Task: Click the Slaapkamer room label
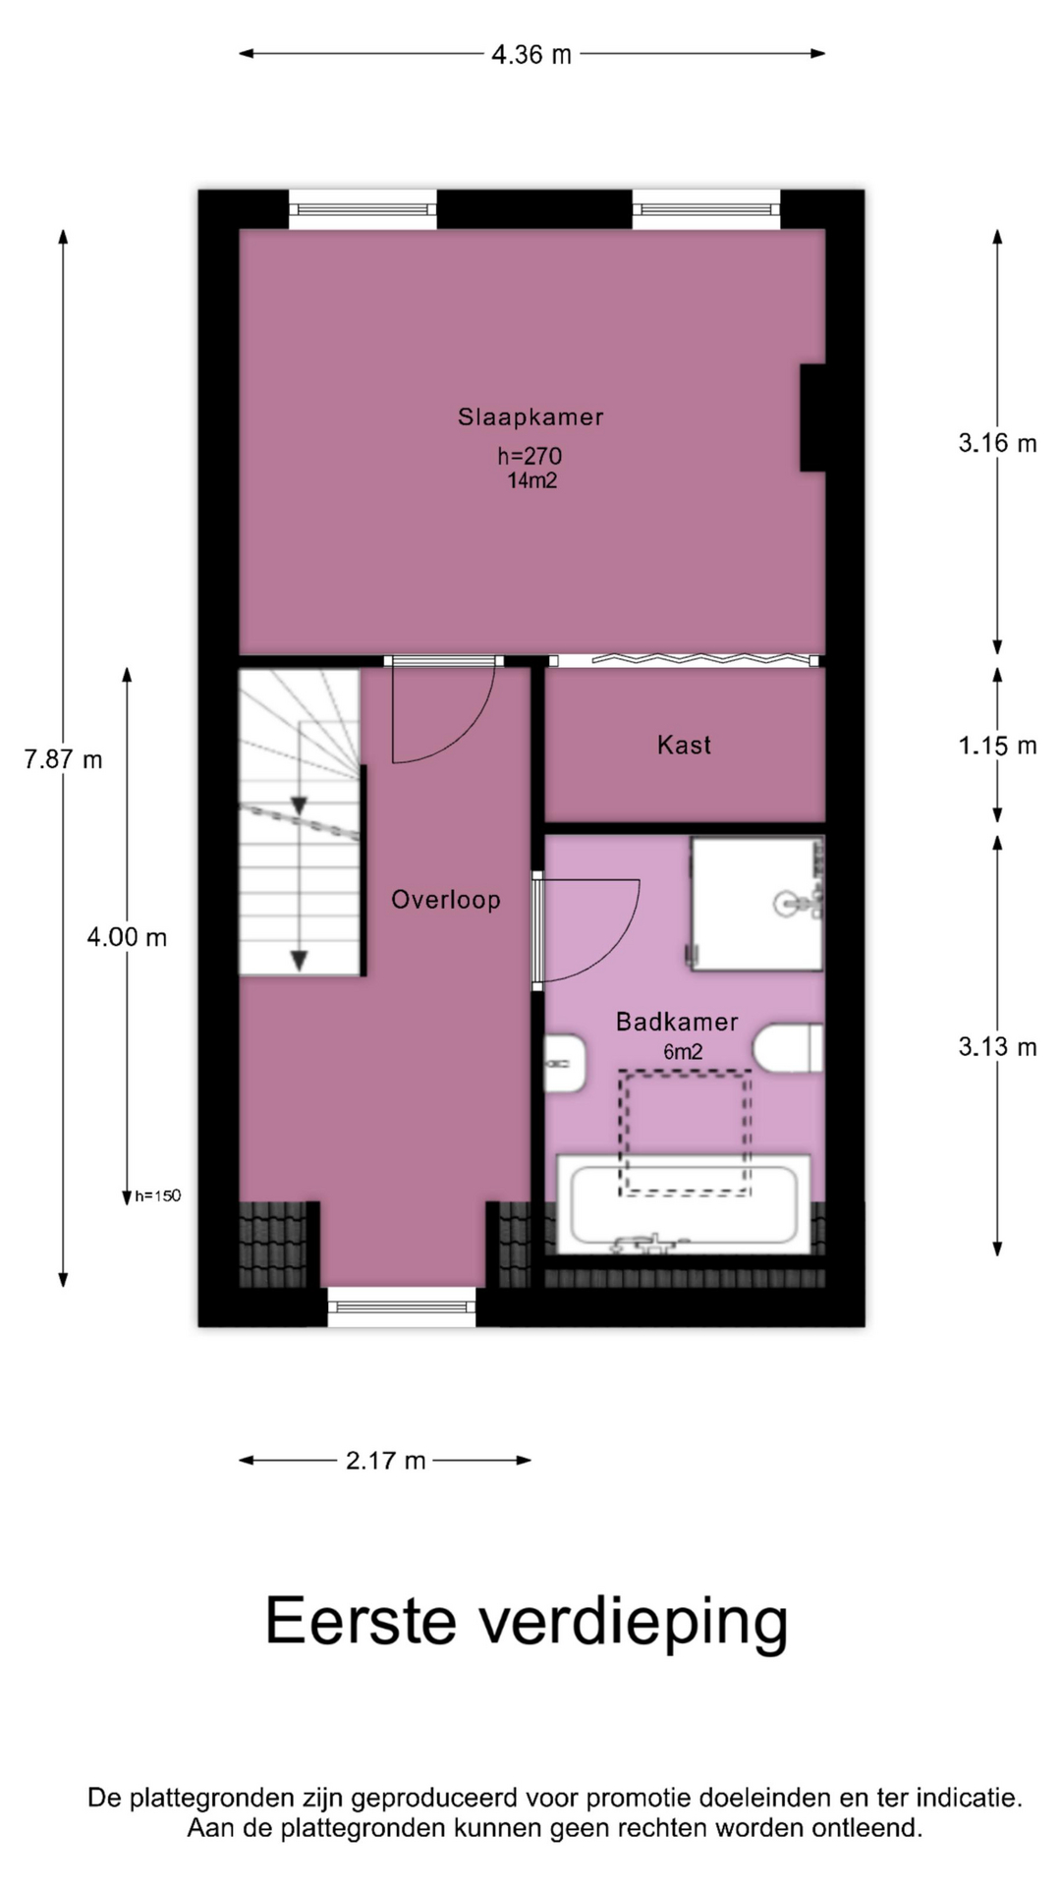[530, 417]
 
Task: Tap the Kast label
[685, 745]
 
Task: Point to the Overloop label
[446, 900]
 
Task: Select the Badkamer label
[677, 1022]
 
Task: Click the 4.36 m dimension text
[531, 54]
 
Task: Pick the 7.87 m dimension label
[63, 759]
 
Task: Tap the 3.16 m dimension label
[998, 443]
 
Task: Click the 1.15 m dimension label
[998, 747]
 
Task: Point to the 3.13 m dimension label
[998, 1047]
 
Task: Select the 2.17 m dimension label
[386, 1461]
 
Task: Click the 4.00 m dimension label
[127, 937]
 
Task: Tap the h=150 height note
[158, 1195]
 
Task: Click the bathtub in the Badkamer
[684, 1205]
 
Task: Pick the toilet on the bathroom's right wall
[789, 1048]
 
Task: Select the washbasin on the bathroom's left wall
[565, 1063]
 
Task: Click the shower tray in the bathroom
[756, 904]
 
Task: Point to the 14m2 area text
[532, 480]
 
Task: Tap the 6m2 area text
[683, 1052]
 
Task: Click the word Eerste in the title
[361, 1620]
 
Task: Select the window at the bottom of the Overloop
[401, 1306]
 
